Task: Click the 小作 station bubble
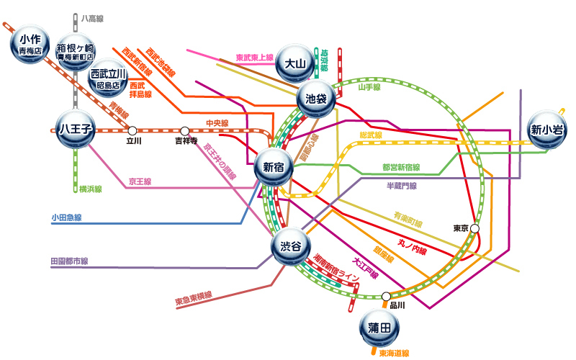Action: click(x=30, y=44)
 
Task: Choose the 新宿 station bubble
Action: click(x=274, y=167)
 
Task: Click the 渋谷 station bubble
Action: click(x=290, y=246)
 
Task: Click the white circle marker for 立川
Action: click(x=132, y=130)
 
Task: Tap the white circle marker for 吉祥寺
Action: click(x=185, y=130)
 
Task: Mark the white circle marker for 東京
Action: click(x=475, y=228)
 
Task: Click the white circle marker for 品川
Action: click(x=387, y=295)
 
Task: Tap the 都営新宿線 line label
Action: click(x=401, y=167)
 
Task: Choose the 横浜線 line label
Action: click(x=91, y=189)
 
